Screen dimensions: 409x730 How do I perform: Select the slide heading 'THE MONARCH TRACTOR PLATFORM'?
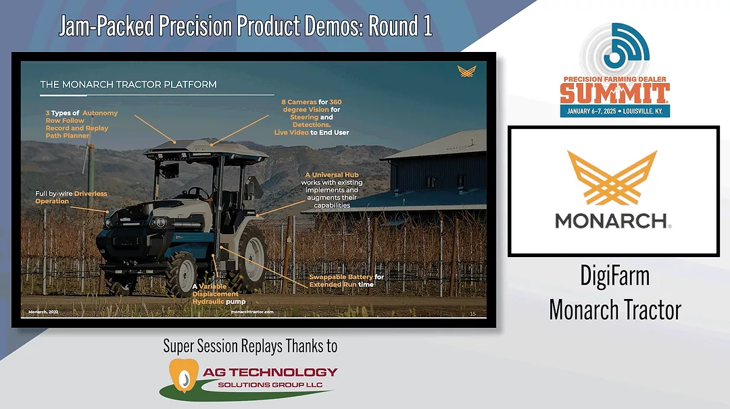tap(128, 84)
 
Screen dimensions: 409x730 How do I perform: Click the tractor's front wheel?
tap(181, 274)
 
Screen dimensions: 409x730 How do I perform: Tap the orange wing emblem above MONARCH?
tap(612, 179)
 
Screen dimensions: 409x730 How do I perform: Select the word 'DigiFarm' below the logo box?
tap(614, 275)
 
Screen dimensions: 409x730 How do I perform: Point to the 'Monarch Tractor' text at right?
tap(614, 309)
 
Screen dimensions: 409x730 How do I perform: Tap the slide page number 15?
tap(472, 315)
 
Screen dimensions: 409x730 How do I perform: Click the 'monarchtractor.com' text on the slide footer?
tap(251, 312)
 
